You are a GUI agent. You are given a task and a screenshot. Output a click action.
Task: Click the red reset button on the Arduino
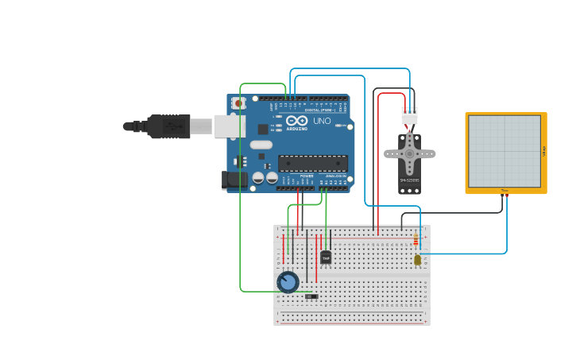pos(238,103)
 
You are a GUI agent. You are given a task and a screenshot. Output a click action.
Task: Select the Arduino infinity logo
pos(295,121)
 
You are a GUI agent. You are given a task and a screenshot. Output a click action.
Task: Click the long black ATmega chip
pos(312,163)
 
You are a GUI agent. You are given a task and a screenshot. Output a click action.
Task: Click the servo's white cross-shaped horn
pos(410,153)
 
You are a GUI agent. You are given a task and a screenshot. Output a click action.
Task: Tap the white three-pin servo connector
pos(409,116)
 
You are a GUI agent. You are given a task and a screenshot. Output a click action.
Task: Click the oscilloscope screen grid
pos(504,151)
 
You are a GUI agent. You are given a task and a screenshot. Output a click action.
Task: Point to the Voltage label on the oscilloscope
pos(544,151)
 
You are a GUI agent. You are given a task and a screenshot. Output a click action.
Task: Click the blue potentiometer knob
pos(288,282)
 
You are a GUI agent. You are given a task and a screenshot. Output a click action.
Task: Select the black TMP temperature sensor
pos(326,257)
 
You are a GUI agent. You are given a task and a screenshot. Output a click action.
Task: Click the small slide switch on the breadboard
pos(311,296)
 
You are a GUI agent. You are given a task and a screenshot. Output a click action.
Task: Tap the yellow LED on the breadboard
pos(418,260)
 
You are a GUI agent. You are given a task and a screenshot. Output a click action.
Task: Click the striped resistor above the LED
pos(416,240)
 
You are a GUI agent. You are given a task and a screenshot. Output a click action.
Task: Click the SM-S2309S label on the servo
pos(409,181)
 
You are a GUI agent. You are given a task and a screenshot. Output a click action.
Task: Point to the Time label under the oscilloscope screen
pos(504,191)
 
